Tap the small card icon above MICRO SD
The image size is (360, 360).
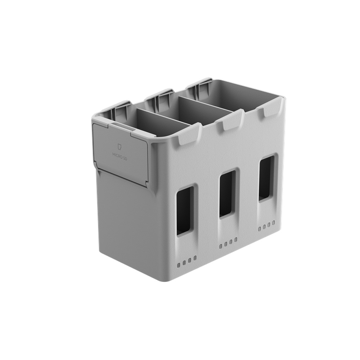(120, 147)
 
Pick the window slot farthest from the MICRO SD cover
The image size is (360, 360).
(266, 178)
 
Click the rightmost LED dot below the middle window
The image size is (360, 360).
(236, 239)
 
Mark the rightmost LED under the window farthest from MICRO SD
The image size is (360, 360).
(274, 224)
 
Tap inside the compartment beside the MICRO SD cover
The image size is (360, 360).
(158, 122)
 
